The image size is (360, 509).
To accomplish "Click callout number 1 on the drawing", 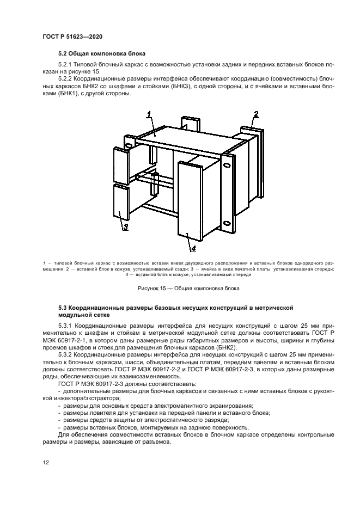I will (149, 114).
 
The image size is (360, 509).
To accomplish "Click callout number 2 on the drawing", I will (254, 114).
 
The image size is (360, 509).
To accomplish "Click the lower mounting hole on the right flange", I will (225, 223).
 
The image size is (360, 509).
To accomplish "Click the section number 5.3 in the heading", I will (64, 308).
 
